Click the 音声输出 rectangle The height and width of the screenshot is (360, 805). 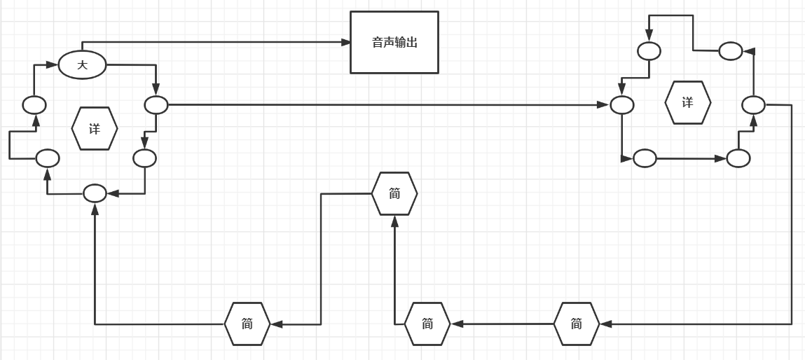[394, 42]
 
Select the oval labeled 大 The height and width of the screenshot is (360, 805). [82, 65]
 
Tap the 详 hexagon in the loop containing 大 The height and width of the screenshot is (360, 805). [95, 129]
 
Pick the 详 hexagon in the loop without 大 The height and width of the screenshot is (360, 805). [688, 103]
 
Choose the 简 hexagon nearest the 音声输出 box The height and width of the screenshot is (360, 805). [394, 193]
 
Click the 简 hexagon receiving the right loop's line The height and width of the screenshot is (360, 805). [577, 324]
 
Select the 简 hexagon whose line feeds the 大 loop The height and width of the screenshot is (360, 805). [247, 324]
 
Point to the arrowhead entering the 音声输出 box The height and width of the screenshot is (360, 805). [345, 42]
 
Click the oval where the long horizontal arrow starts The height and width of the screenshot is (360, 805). [156, 105]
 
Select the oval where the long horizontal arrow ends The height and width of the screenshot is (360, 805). [622, 105]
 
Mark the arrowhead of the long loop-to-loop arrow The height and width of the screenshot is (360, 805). [603, 105]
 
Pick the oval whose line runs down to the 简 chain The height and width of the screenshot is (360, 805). [754, 105]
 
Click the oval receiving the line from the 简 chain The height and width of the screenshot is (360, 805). [95, 193]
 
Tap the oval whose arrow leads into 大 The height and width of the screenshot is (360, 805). [34, 105]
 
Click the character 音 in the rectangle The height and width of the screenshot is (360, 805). [377, 42]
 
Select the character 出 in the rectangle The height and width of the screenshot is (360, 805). [412, 42]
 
